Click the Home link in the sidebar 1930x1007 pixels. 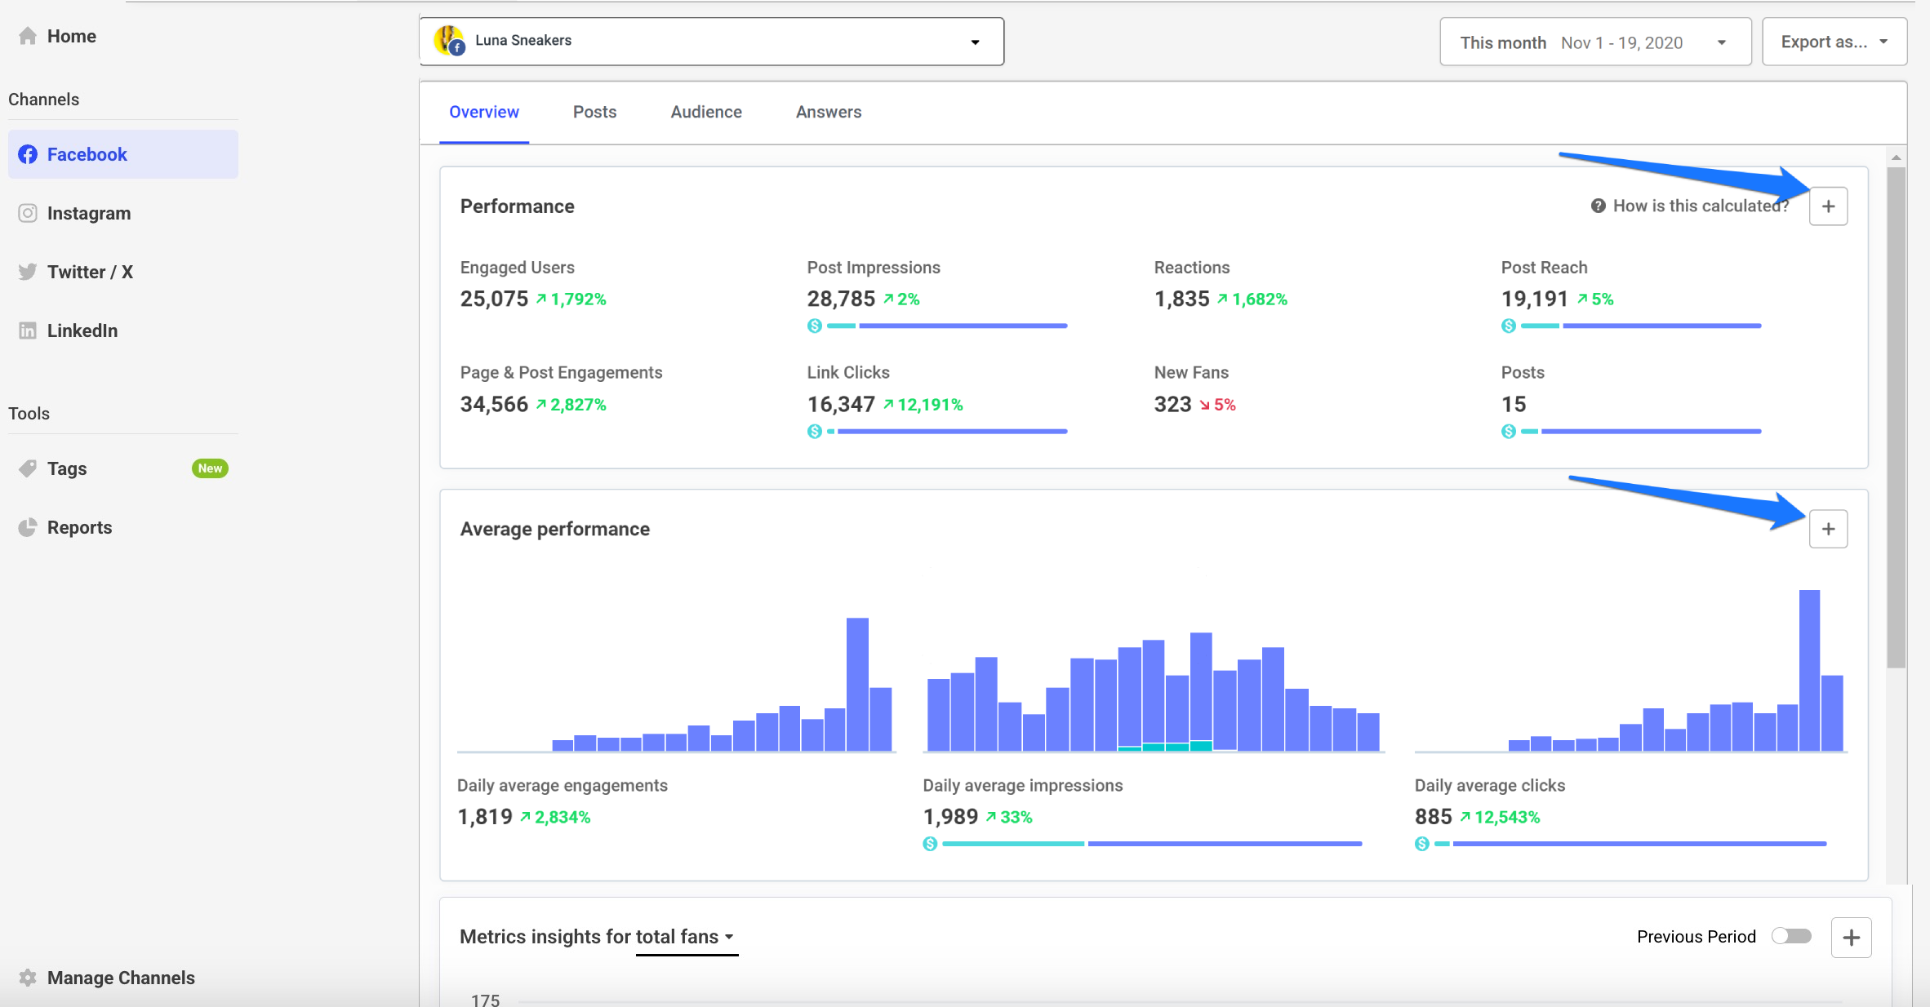coord(70,37)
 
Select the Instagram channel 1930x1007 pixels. coord(88,214)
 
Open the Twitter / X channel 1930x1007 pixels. coord(89,273)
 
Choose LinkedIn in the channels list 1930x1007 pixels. coord(82,331)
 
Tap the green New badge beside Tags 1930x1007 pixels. coord(210,468)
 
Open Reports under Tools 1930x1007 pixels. coord(78,528)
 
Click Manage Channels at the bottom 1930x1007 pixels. coord(120,978)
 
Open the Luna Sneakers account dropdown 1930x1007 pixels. coord(711,42)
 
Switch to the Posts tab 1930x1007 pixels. coord(594,113)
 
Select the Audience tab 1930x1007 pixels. coord(705,113)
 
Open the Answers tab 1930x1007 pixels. coord(828,113)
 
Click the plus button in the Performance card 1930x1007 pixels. coord(1828,206)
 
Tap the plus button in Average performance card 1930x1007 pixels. coord(1828,530)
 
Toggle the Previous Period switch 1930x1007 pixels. coord(1791,936)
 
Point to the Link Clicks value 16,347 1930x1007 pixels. coord(840,405)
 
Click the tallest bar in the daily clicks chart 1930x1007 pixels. coord(1809,669)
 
